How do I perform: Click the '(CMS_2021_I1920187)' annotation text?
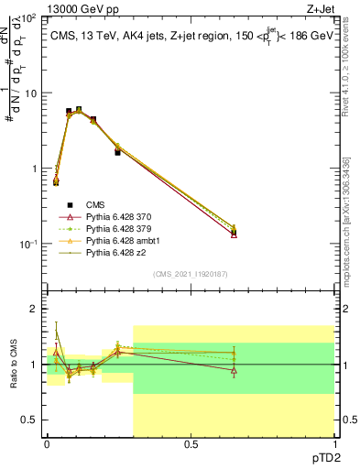pos(190,274)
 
